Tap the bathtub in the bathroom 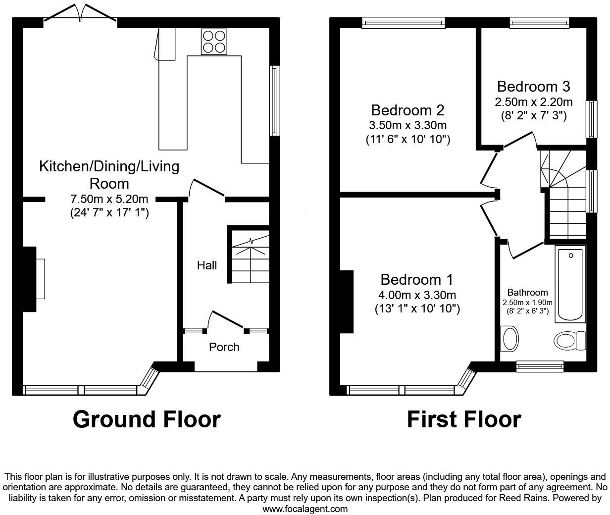[571, 284]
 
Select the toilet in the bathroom [569, 341]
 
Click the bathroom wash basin [509, 339]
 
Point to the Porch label [224, 347]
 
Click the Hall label [207, 265]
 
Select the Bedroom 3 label [533, 87]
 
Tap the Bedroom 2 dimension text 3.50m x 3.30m [407, 125]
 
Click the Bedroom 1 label [416, 279]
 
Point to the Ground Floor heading [147, 419]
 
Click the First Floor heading [463, 419]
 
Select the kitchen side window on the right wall [274, 101]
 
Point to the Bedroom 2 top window [404, 22]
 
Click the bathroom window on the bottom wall [540, 366]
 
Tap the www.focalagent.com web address [305, 509]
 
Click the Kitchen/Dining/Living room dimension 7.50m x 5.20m [109, 199]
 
